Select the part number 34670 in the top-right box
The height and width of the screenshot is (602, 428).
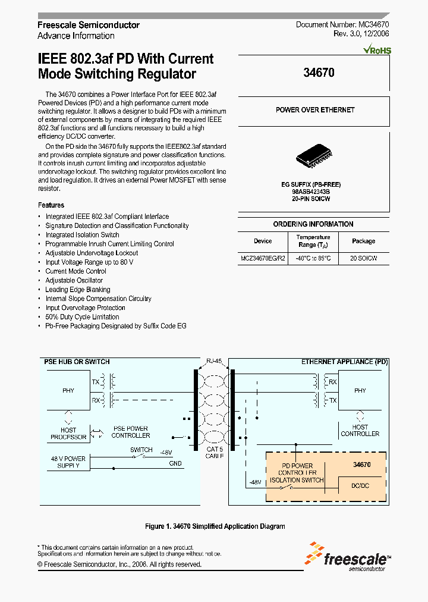tap(319, 73)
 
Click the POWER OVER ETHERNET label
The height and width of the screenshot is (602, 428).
tap(315, 110)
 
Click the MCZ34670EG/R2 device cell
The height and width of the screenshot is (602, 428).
tap(263, 259)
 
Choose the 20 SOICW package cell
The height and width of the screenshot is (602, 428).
tap(363, 259)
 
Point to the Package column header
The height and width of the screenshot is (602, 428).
tap(363, 241)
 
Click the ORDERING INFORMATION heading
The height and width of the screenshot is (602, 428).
tap(313, 224)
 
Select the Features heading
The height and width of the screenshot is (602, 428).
tap(51, 205)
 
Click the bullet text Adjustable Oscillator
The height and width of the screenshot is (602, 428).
tap(74, 280)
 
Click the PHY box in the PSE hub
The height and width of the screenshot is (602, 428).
tap(68, 391)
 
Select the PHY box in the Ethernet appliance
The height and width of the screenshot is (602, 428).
tap(360, 391)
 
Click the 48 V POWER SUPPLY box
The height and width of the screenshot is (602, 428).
tap(68, 462)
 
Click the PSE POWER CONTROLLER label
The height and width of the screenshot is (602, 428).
tap(130, 432)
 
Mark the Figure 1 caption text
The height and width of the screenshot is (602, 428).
tap(215, 526)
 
